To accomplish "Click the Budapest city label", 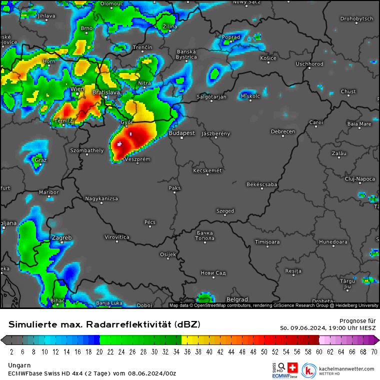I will click(x=181, y=133).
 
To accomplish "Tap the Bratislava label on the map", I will click(x=106, y=92).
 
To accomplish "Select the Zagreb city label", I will click(x=61, y=237).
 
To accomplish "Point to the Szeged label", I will click(x=225, y=211).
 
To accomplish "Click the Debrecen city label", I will click(x=283, y=131).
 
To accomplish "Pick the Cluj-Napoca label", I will click(x=359, y=178).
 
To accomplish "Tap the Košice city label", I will click(x=268, y=58).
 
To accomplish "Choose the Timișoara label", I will click(x=267, y=242).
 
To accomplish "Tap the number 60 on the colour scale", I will click(x=319, y=351).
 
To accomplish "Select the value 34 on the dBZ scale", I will click(x=176, y=351).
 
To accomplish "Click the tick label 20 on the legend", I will click(x=99, y=351).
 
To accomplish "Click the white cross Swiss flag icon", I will click(x=292, y=367).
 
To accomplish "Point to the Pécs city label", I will click(x=150, y=222).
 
